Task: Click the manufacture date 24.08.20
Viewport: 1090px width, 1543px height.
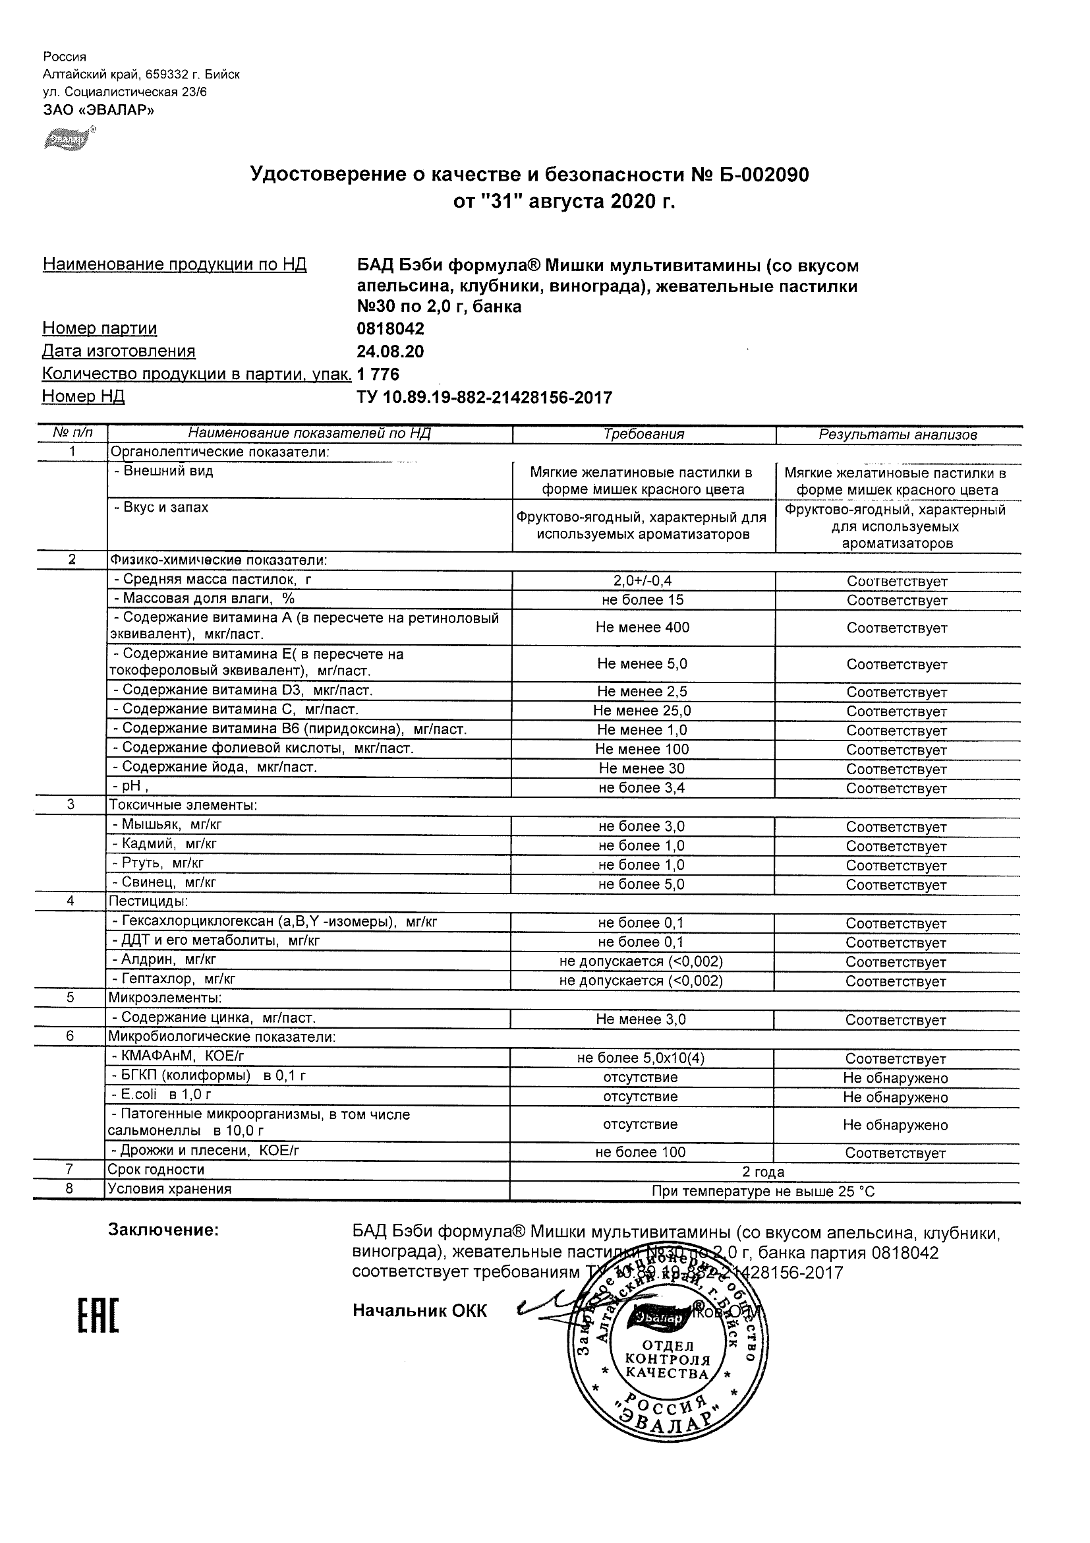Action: point(390,351)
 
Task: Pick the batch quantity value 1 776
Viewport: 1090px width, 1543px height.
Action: point(379,375)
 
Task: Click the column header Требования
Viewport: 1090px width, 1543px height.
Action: point(643,434)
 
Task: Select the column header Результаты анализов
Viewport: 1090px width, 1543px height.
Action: point(898,435)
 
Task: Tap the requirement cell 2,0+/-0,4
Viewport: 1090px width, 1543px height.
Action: point(643,581)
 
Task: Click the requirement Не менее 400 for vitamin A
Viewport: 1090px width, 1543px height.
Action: point(642,627)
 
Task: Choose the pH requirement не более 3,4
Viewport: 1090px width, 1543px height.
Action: point(641,787)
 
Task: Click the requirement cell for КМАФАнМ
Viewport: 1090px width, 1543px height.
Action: point(641,1058)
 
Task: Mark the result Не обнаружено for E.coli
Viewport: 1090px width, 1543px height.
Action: point(895,1097)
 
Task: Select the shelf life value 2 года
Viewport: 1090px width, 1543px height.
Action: point(764,1172)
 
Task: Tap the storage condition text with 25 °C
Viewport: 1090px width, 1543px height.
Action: point(764,1192)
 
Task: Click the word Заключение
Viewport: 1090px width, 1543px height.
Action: point(163,1230)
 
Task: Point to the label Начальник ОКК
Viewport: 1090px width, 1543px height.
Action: point(420,1311)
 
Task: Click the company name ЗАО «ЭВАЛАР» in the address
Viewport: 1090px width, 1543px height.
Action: point(99,110)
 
